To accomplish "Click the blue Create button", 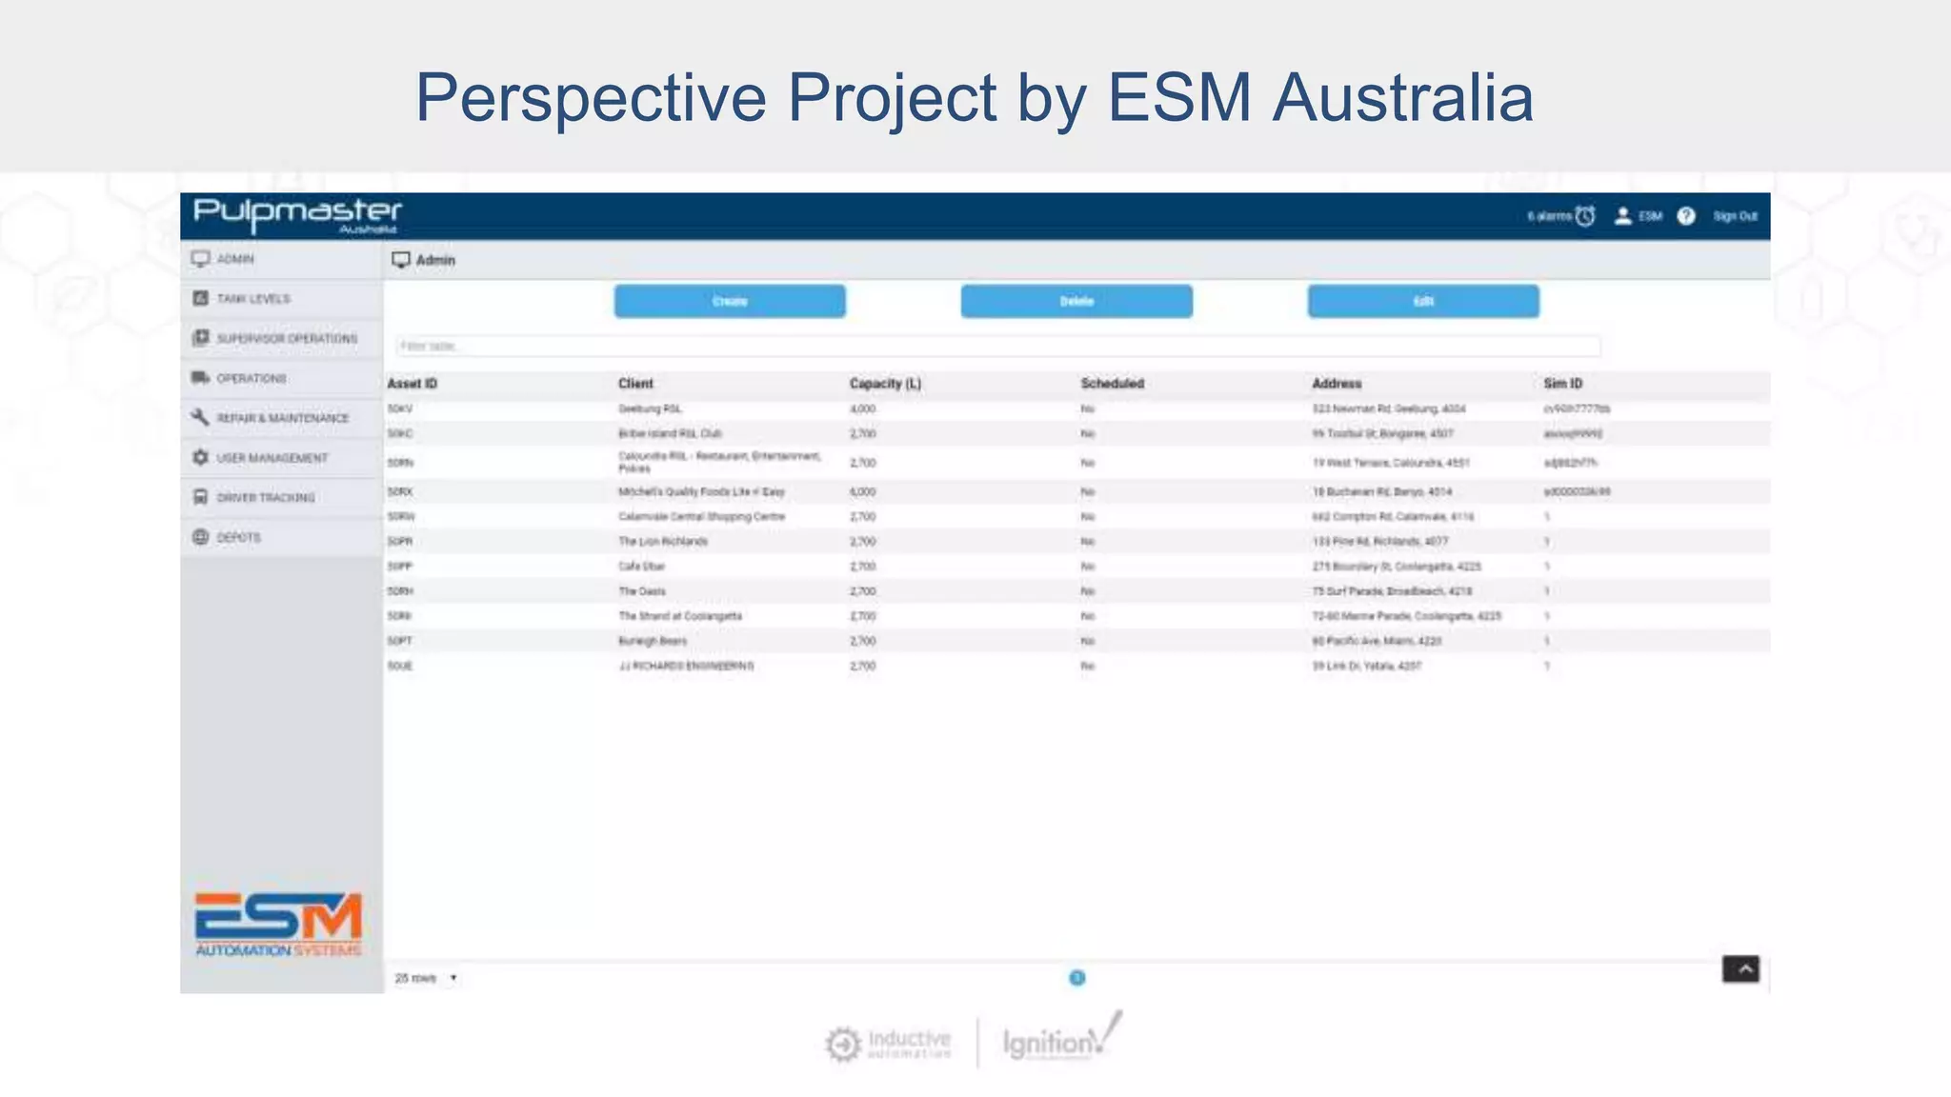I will coord(730,301).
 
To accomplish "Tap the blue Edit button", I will coord(1423,301).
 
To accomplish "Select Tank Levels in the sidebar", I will coord(253,299).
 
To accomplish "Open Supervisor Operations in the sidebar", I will coord(286,339).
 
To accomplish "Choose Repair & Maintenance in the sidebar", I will coord(282,418).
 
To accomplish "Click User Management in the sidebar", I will coord(272,458).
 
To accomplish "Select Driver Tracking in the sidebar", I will coord(265,498).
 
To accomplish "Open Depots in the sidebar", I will coord(238,537).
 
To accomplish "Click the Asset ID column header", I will coord(412,384).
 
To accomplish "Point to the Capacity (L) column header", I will coord(885,384).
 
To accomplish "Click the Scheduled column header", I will coord(1112,384).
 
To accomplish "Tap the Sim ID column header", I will coord(1562,384).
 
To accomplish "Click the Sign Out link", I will coord(1735,216).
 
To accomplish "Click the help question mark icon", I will coord(1686,216).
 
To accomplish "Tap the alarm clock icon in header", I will coord(1585,216).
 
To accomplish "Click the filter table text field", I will coord(996,346).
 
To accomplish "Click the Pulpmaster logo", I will coord(297,215).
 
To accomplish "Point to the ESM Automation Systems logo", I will coord(278,924).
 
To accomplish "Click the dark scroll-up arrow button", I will coord(1740,969).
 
